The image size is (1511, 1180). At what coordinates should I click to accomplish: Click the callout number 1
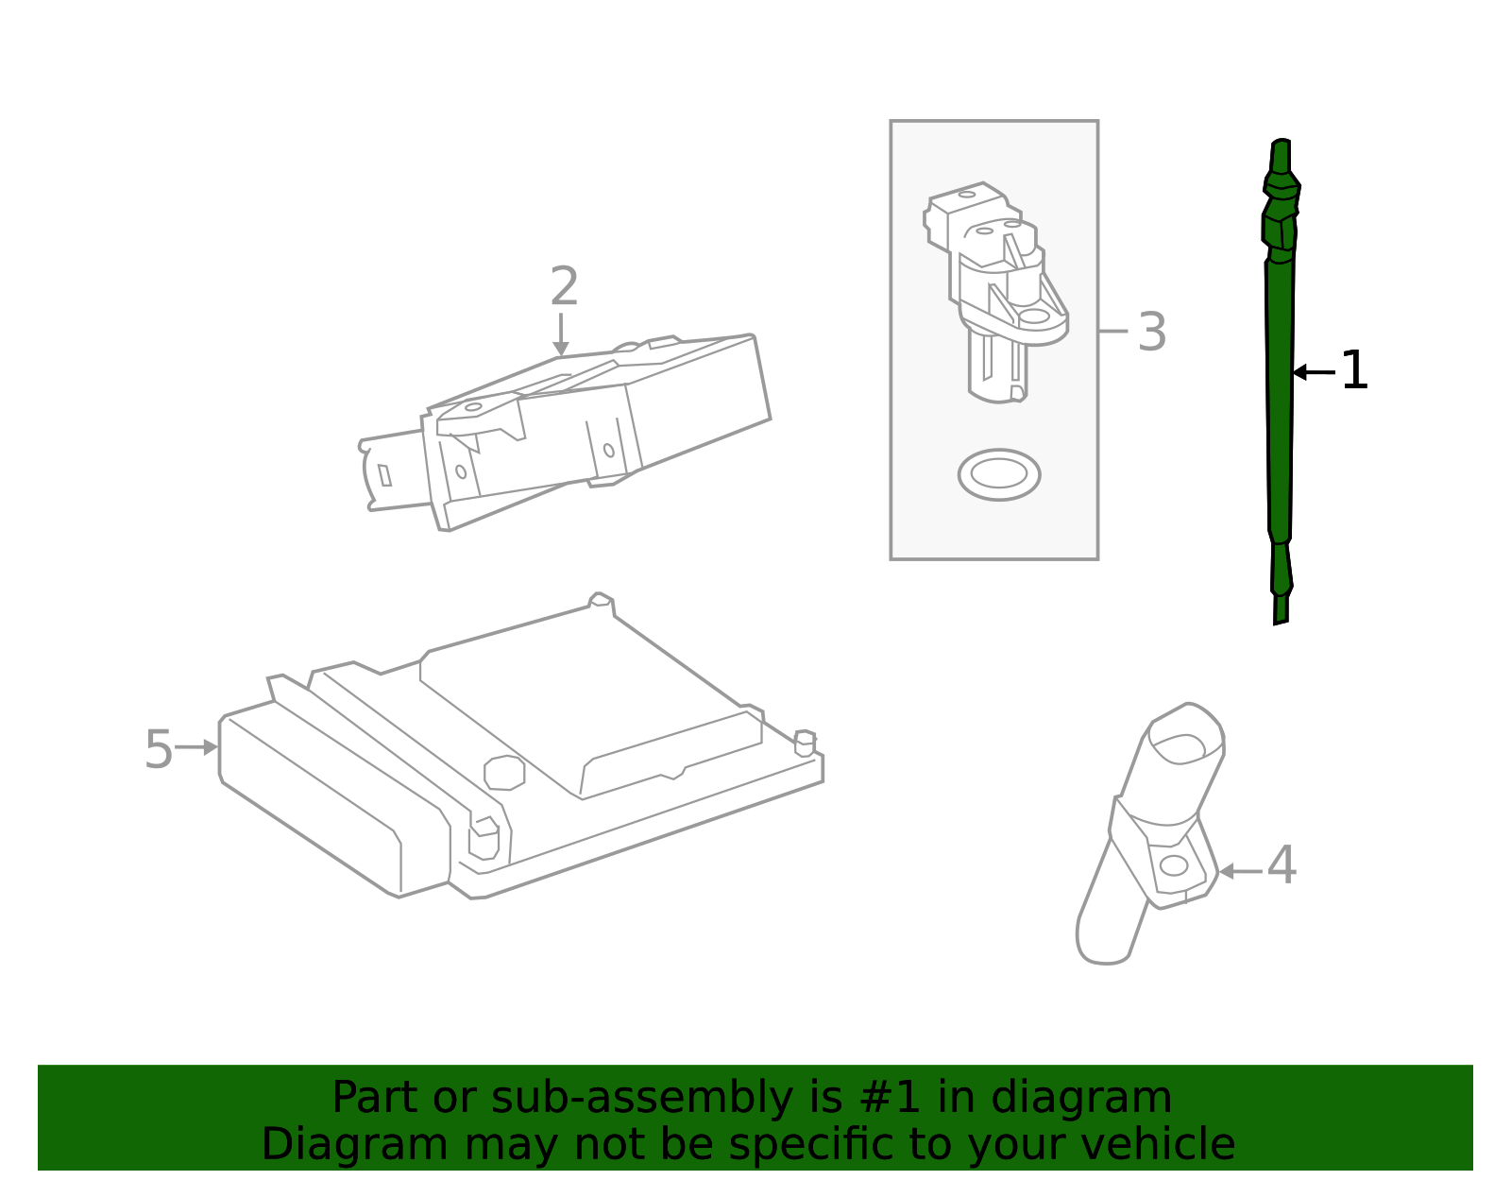tap(1354, 371)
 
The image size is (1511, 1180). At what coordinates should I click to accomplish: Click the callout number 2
tap(564, 287)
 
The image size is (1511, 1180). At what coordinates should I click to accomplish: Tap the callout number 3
tap(1151, 333)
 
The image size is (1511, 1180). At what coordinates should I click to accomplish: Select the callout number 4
tap(1281, 866)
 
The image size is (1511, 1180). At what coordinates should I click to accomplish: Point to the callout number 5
tap(158, 750)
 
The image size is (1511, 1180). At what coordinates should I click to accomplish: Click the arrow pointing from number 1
tap(1314, 372)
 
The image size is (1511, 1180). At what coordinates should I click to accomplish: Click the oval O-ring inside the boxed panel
tap(998, 474)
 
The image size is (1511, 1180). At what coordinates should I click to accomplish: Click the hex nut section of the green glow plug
tap(1280, 227)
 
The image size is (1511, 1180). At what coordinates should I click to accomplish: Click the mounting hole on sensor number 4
tap(1173, 865)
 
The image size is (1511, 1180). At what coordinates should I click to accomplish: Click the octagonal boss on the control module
tap(504, 772)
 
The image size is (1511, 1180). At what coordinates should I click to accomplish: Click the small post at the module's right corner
tap(805, 743)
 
